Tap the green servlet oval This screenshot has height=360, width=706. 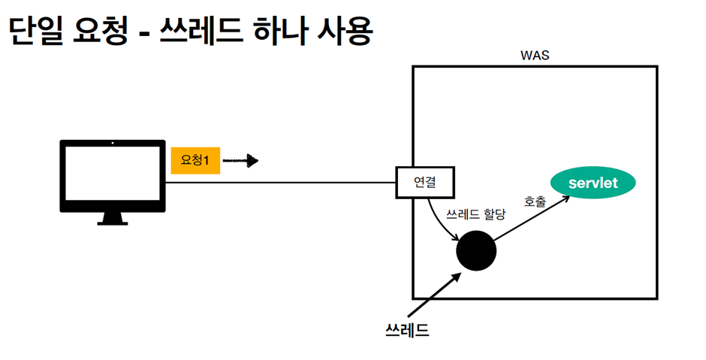593,183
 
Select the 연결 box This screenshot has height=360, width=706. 424,181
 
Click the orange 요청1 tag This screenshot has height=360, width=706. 195,160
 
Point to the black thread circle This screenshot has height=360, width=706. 476,250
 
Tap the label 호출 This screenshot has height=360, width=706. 535,201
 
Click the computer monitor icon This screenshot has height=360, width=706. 113,177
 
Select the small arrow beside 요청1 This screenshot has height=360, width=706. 241,160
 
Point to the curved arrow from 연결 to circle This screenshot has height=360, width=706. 438,219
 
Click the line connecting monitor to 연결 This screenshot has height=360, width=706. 282,182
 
